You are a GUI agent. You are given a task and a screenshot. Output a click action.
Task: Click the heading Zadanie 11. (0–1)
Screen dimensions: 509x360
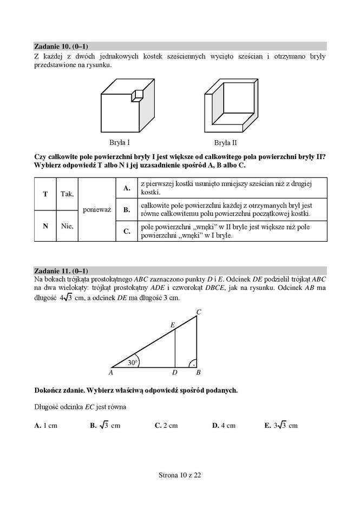pyautogui.click(x=61, y=270)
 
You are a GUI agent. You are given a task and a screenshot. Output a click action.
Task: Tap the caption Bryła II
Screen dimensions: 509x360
pyautogui.click(x=225, y=143)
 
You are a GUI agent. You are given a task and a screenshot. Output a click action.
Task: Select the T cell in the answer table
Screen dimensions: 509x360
pyautogui.click(x=45, y=193)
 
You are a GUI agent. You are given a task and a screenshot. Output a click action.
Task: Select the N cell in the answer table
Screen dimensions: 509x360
pyautogui.click(x=45, y=226)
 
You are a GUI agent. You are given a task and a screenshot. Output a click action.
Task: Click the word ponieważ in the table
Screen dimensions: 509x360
pyautogui.click(x=97, y=209)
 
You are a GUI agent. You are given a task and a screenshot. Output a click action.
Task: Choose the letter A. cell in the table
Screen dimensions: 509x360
pyautogui.click(x=127, y=188)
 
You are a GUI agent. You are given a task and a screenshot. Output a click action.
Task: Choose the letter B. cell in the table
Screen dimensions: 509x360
pyautogui.click(x=127, y=209)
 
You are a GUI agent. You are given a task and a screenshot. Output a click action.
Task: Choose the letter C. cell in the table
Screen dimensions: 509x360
pyautogui.click(x=127, y=231)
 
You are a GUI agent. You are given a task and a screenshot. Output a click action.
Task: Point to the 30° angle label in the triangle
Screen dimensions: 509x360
pyautogui.click(x=133, y=362)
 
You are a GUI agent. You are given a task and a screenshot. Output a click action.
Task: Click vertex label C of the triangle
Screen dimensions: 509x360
pyautogui.click(x=199, y=312)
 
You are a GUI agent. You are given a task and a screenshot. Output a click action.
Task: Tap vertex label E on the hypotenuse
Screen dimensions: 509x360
pyautogui.click(x=172, y=325)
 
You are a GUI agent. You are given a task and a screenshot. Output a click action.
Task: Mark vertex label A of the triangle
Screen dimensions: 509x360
pyautogui.click(x=110, y=373)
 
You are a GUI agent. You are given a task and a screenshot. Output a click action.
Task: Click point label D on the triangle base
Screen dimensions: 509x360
pyautogui.click(x=174, y=373)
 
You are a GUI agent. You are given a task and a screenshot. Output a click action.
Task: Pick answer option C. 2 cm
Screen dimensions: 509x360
pyautogui.click(x=166, y=426)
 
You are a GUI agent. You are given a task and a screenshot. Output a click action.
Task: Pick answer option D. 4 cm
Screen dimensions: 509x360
pyautogui.click(x=224, y=426)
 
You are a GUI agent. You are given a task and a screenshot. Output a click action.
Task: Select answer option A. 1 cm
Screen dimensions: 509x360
pyautogui.click(x=45, y=426)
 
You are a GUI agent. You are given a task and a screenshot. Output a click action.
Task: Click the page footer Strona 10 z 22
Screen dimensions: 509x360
pyautogui.click(x=180, y=475)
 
